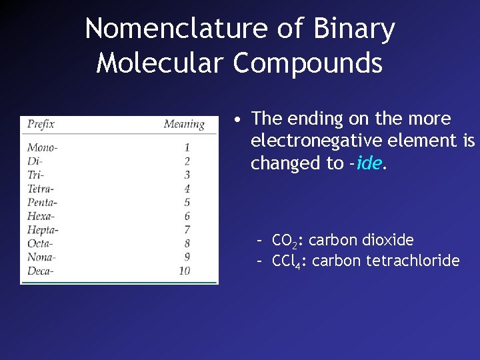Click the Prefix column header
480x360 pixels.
pyautogui.click(x=41, y=124)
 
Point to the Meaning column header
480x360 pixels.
pyautogui.click(x=184, y=124)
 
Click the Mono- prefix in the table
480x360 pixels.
pyautogui.click(x=42, y=147)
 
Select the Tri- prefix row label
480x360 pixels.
pyautogui.click(x=35, y=175)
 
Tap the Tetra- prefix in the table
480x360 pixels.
pyautogui.click(x=41, y=189)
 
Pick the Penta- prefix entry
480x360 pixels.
pyautogui.click(x=42, y=202)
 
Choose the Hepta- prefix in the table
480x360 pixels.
pyautogui.click(x=43, y=230)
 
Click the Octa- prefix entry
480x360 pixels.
pyautogui.click(x=40, y=243)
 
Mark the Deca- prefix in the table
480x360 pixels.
pyautogui.click(x=40, y=271)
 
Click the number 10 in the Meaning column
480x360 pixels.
pyautogui.click(x=184, y=271)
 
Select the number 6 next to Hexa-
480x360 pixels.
pyautogui.click(x=187, y=216)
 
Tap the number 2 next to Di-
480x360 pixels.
pyautogui.click(x=187, y=161)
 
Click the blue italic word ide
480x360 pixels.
pyautogui.click(x=369, y=163)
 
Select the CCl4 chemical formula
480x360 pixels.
pyautogui.click(x=289, y=261)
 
